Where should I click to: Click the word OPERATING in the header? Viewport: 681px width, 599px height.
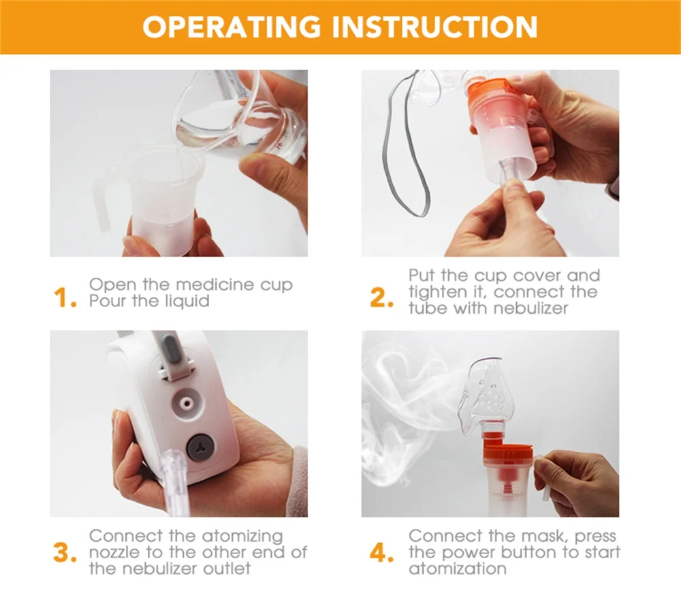[x=231, y=27]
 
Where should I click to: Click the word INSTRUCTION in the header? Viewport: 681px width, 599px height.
[x=434, y=27]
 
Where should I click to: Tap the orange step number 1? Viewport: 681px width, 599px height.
[x=65, y=298]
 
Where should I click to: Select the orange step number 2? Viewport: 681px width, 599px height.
[x=382, y=298]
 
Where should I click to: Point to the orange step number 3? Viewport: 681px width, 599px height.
[x=65, y=553]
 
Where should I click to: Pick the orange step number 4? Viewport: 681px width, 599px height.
[x=382, y=553]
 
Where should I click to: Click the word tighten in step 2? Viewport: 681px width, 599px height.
[x=439, y=292]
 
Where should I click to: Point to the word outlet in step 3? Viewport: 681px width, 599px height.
[x=227, y=568]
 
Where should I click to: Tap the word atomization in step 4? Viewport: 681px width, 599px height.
[x=458, y=568]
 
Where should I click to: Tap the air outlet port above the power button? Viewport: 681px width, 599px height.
[x=187, y=403]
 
